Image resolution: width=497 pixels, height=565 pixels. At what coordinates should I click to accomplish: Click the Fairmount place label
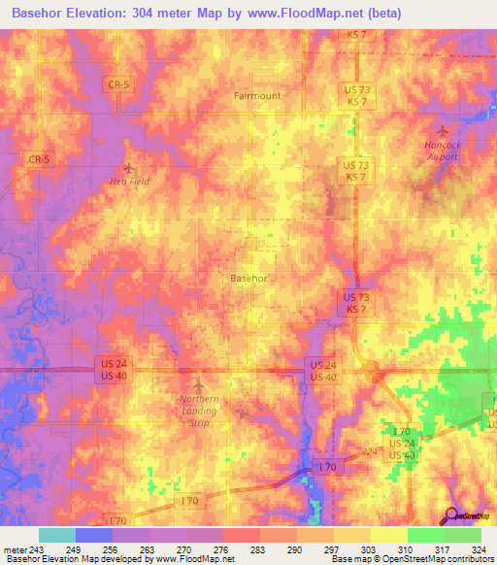pos(256,96)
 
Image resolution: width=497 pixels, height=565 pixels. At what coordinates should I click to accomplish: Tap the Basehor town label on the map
pos(248,278)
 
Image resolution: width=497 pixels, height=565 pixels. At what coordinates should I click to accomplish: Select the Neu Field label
pos(129,182)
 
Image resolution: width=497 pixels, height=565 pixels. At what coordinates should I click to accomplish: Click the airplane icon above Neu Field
pos(129,166)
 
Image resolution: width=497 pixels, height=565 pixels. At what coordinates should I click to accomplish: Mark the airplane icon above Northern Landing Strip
pos(200,387)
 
